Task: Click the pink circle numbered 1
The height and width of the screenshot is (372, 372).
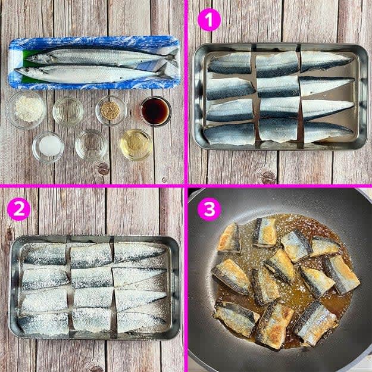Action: [210, 20]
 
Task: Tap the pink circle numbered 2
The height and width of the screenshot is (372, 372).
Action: [18, 209]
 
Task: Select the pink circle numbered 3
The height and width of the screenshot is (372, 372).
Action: [210, 210]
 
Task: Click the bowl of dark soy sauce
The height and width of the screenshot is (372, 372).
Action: [155, 111]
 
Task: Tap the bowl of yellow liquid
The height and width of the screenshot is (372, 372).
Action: [136, 144]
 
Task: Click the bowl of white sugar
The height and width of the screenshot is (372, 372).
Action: [48, 146]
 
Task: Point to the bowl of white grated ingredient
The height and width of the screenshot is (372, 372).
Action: [27, 110]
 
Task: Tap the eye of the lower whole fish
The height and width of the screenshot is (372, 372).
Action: [26, 70]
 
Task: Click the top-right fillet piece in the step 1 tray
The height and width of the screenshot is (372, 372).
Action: [326, 61]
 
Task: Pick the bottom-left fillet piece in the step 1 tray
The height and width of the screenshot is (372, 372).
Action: [229, 133]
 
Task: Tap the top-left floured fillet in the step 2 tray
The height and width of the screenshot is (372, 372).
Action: [45, 254]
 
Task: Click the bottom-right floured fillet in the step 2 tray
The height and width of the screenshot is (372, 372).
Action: [140, 321]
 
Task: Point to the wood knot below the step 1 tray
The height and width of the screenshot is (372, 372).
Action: [268, 177]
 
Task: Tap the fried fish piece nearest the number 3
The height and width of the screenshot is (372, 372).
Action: [229, 238]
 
